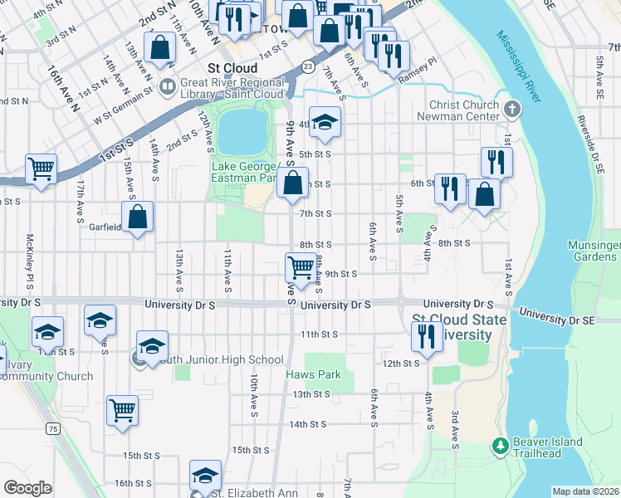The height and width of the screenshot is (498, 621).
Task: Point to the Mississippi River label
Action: (519, 66)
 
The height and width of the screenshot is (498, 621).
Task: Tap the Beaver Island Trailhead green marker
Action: (500, 447)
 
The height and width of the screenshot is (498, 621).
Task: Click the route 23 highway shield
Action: (308, 66)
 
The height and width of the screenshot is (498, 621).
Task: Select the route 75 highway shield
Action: (53, 428)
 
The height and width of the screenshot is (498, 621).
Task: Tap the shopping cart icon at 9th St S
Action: (301, 267)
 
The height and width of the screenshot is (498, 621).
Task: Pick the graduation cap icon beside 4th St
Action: (325, 121)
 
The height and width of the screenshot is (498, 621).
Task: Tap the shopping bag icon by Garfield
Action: (139, 217)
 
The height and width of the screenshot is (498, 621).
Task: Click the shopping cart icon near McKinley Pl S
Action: (41, 168)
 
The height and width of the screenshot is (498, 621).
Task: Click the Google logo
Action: (27, 487)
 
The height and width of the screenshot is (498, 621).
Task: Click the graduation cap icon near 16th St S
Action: (205, 475)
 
